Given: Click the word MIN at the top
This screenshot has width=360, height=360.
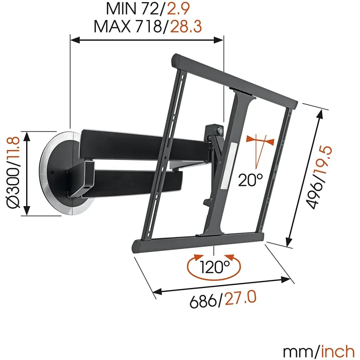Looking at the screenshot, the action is pos(121,9).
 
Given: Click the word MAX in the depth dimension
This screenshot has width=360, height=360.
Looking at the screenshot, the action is pos(112,27).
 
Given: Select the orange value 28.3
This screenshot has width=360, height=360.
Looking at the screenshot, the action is pos(186,27).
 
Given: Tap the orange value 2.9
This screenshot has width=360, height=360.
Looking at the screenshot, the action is pos(178,9).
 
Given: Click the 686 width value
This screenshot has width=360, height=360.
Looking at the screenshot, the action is pos(203,301).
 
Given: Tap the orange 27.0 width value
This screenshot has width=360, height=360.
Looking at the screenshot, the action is pos(240,297).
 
